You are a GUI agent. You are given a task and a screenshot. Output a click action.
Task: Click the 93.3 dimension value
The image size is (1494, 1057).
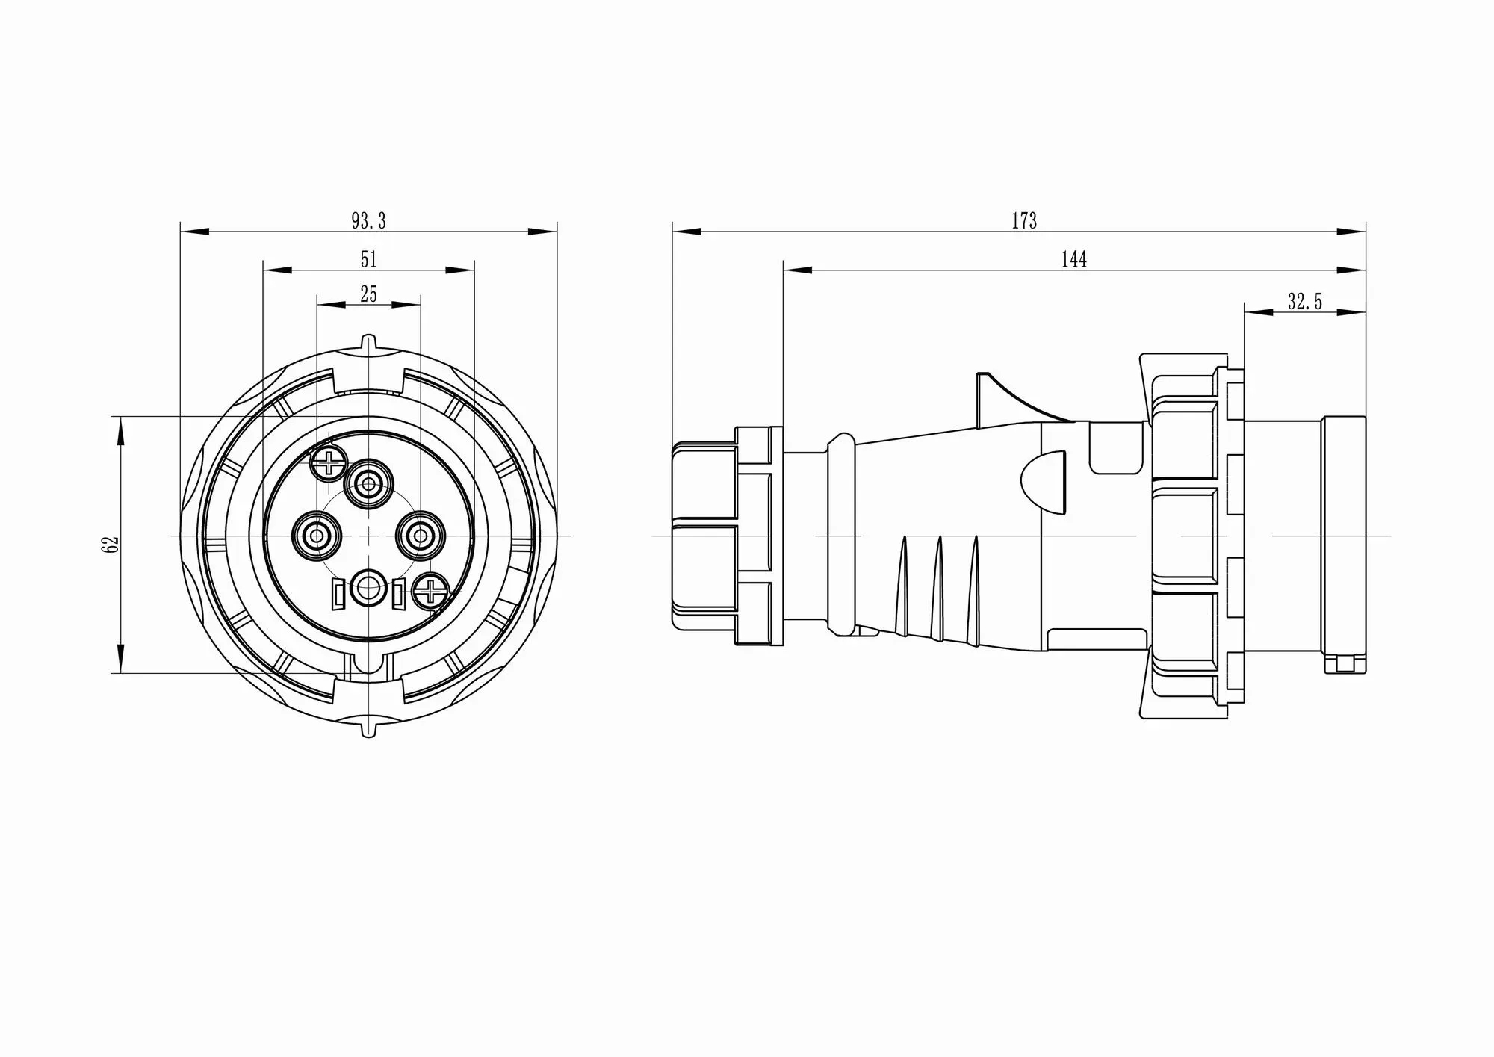368,221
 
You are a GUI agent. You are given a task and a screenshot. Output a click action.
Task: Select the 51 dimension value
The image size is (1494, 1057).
369,259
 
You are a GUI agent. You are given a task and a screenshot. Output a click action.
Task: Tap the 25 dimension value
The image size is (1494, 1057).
369,294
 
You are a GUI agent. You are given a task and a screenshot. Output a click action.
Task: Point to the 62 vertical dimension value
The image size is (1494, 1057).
112,544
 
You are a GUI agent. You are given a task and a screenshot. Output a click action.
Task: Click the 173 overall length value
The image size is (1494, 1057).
1024,221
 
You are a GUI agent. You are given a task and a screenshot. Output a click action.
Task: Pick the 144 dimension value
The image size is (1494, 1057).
1073,259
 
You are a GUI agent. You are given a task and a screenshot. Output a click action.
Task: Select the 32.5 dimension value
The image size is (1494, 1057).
1304,302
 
